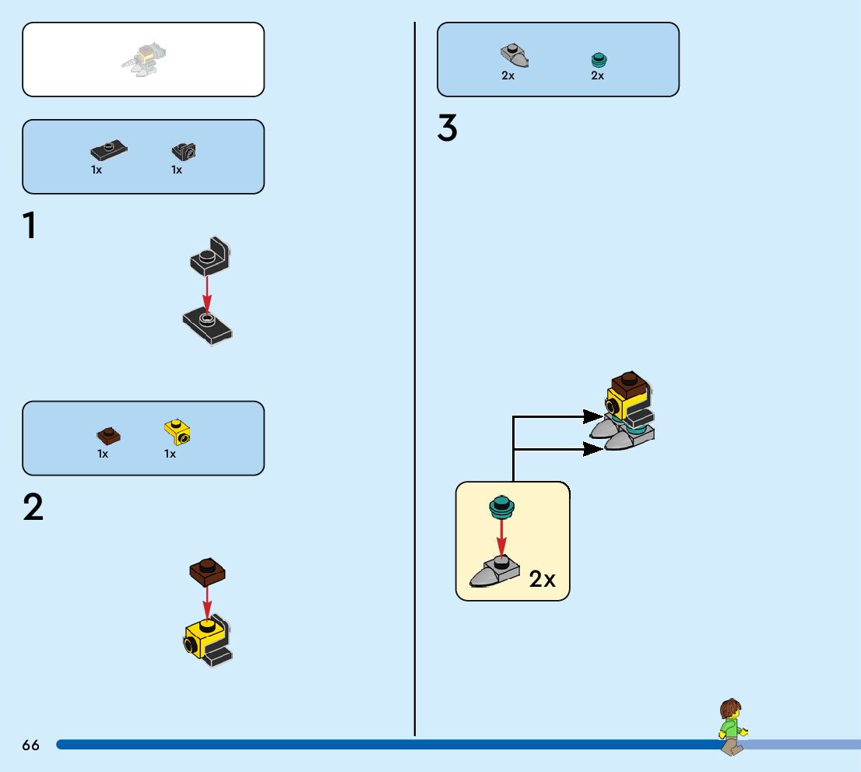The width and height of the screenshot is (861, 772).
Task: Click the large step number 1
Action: coord(30,226)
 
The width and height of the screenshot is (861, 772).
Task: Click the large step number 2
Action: coord(33,508)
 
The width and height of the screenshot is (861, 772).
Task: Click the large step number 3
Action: coord(448,128)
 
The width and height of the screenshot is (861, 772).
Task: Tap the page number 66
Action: coord(30,746)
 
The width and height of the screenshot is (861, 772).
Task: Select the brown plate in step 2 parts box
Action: coord(107,435)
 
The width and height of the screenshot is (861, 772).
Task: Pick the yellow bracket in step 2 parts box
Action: coord(177,431)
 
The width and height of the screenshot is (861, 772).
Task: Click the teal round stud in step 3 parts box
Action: coord(598,59)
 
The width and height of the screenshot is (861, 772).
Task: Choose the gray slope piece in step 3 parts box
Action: coord(514,55)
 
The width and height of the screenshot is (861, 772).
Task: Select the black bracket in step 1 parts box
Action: coord(184,151)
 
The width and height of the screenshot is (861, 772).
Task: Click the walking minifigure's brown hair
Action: coord(730,709)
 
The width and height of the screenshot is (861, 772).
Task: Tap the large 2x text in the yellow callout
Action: coord(543,579)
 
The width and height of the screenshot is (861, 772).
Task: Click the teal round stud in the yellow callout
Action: coord(502,507)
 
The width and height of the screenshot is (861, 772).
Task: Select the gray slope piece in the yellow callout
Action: coord(495,572)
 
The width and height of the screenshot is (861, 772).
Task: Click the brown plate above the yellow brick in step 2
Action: coord(207,572)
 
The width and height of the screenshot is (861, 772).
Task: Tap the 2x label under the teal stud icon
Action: coord(597,76)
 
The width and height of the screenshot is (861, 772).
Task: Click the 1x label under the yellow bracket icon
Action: coord(170,454)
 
